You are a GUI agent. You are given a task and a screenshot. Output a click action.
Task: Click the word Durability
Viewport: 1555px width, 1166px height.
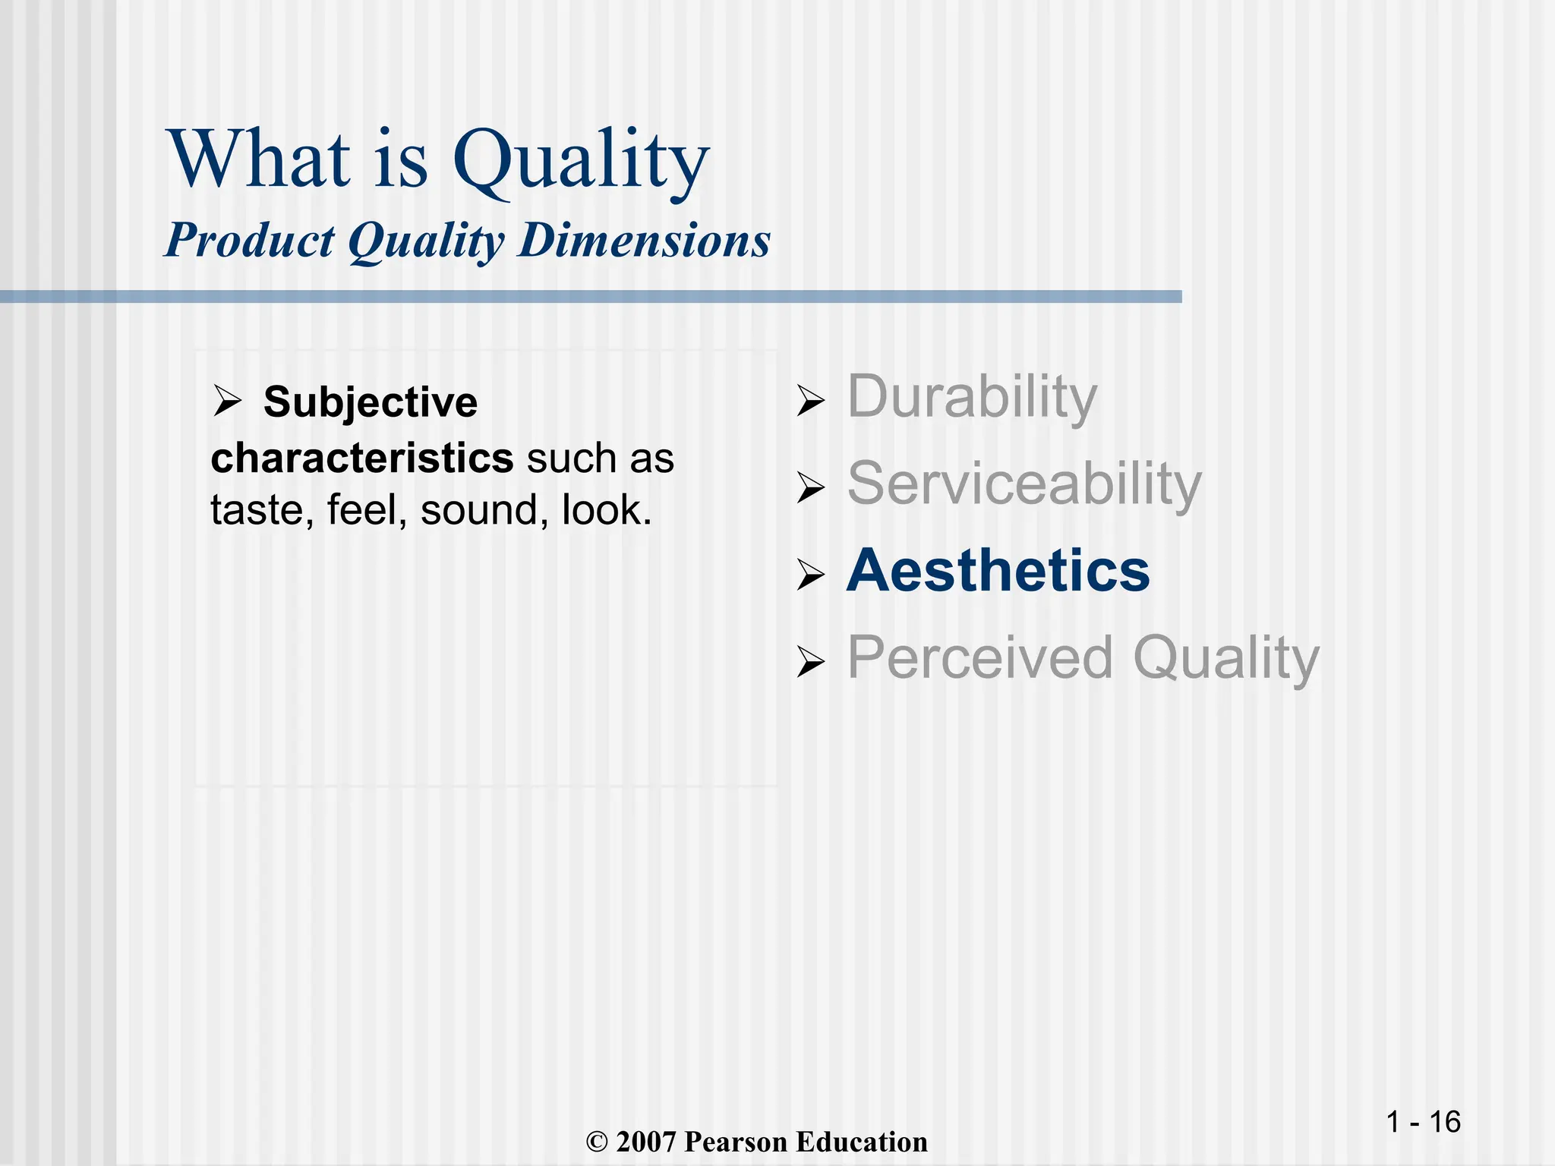coord(972,398)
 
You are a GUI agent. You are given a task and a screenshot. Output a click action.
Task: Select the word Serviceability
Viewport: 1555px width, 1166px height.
coord(1024,484)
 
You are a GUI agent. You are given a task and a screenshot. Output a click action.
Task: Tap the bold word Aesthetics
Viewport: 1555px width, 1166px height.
coord(998,571)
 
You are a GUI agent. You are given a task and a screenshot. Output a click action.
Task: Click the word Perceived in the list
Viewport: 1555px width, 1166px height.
coord(980,657)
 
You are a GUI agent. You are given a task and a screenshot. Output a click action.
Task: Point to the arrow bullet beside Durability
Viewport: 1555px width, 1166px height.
coord(810,401)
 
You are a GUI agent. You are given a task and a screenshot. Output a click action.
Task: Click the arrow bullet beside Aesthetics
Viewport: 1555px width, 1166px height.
coord(810,575)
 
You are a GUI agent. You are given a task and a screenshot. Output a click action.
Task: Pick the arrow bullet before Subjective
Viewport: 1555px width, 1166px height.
coord(226,401)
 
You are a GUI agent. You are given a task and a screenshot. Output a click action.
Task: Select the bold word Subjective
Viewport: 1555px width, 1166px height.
coord(371,402)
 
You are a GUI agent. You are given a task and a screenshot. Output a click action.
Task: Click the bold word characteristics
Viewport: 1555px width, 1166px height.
coord(362,459)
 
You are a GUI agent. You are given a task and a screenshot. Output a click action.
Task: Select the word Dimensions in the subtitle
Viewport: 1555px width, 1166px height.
coord(645,241)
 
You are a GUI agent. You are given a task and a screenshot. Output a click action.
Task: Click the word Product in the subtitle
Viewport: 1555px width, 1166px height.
coord(249,241)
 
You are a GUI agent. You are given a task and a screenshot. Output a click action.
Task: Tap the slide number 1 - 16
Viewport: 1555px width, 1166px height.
coord(1423,1122)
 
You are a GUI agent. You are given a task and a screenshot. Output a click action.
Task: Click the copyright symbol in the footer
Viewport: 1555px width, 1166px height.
coord(598,1142)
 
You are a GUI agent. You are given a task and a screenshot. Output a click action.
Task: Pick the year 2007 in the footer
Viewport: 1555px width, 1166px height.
coord(645,1142)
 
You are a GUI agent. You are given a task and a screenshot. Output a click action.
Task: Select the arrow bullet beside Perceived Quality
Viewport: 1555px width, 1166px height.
coord(810,662)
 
